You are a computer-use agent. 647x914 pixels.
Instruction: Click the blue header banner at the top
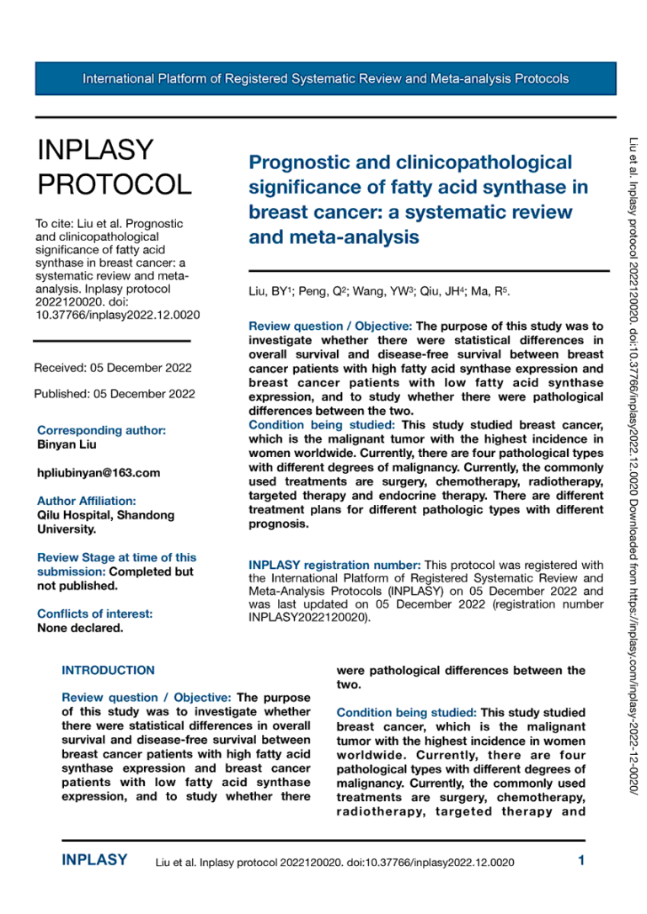(325, 79)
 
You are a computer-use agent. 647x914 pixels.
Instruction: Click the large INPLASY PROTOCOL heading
(113, 167)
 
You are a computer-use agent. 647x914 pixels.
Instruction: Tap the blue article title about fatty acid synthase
(419, 199)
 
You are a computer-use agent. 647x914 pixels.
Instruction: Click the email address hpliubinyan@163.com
(99, 473)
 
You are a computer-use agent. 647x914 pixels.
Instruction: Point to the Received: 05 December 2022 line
(112, 368)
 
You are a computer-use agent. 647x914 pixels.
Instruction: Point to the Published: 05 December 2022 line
(115, 394)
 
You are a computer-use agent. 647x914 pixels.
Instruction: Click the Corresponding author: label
(101, 430)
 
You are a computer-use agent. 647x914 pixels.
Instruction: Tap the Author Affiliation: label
(86, 501)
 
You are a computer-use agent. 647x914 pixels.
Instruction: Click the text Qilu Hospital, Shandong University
(105, 522)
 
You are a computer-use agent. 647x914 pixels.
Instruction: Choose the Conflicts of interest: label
(94, 614)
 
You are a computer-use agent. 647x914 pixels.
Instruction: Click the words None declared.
(80, 627)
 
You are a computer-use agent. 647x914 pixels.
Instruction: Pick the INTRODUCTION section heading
(108, 671)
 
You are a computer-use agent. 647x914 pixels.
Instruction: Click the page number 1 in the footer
(581, 860)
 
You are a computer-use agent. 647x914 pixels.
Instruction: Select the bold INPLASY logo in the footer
(94, 860)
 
